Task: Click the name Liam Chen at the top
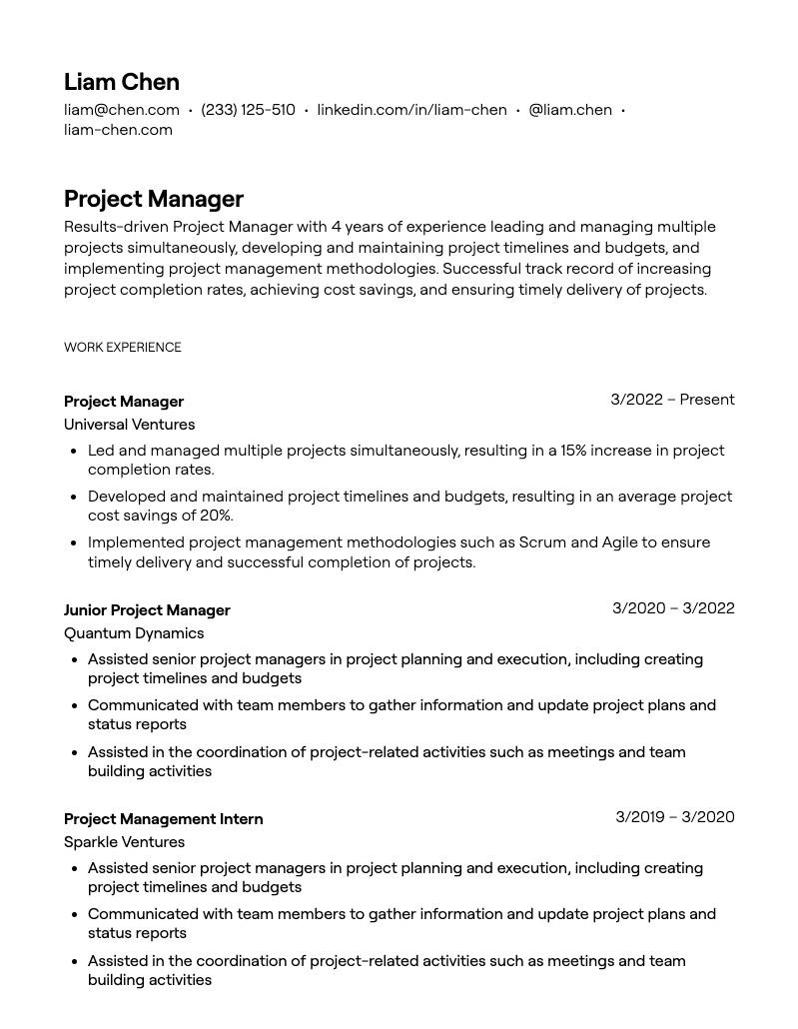[122, 82]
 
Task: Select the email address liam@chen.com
[122, 110]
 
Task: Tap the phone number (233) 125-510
[248, 110]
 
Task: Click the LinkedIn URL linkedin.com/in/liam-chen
[411, 110]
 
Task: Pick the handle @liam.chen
[569, 110]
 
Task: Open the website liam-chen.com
[118, 130]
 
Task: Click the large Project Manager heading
[154, 199]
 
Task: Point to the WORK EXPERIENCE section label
[123, 348]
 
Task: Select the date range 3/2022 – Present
[672, 400]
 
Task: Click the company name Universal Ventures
[129, 425]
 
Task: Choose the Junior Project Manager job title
[147, 610]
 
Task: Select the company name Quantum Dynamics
[134, 633]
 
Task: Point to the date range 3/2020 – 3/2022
[673, 608]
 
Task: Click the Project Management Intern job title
[163, 819]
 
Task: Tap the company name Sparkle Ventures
[124, 842]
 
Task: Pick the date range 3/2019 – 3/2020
[674, 817]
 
